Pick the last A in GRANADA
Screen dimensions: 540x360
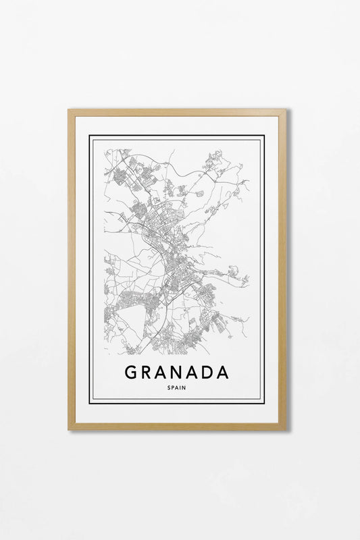tap(223, 373)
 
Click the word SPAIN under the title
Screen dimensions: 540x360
tap(177, 387)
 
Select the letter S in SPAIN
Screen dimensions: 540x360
tap(169, 387)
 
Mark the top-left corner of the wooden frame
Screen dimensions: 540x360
tap(69, 110)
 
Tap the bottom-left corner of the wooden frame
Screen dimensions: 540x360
tap(69, 429)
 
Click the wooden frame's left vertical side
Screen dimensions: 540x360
tap(72, 270)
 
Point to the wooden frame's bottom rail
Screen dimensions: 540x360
tap(177, 426)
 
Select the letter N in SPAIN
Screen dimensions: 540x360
tap(185, 387)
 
